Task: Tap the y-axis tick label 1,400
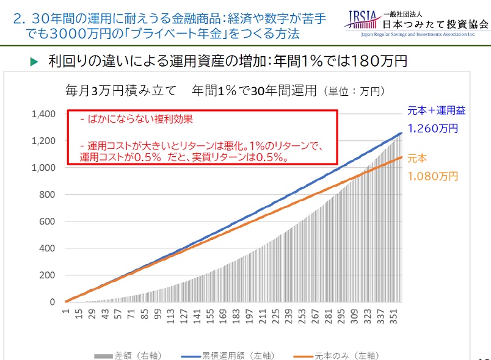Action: (44, 114)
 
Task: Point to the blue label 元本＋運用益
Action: (436, 110)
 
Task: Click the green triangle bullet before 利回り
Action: (34, 62)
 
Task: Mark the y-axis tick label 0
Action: (52, 302)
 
